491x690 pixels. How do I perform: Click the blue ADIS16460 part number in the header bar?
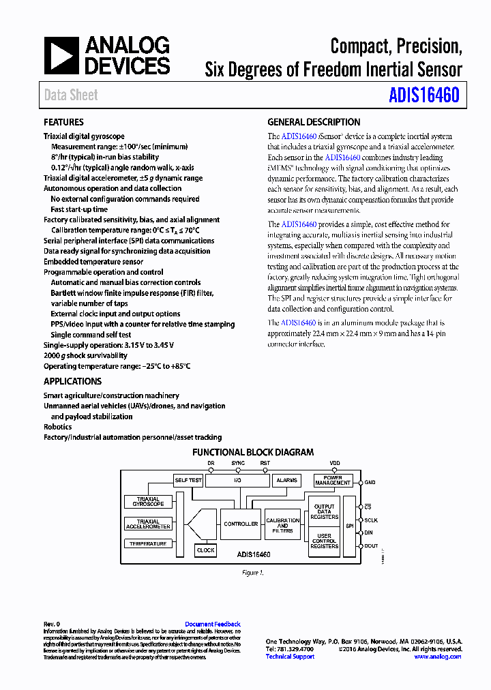point(423,95)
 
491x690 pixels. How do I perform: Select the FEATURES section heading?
point(63,122)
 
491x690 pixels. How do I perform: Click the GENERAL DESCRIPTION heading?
point(314,122)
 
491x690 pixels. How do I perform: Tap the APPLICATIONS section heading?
point(72,381)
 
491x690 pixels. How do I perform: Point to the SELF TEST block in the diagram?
point(188,480)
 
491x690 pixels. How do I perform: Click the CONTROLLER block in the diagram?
point(241,524)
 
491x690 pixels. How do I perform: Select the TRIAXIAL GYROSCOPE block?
point(148,502)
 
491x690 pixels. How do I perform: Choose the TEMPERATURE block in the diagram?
point(148,543)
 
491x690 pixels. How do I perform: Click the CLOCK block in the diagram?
point(205,550)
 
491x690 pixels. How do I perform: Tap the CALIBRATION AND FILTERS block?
point(282,526)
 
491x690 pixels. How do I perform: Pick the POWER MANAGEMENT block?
point(333,480)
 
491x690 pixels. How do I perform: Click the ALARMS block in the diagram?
point(286,480)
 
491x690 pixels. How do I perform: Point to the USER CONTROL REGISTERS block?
point(324,541)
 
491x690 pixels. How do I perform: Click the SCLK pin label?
point(370,520)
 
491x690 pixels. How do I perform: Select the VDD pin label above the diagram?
point(335,463)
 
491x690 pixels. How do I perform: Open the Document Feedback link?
point(213,624)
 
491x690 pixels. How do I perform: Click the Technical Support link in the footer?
point(290,657)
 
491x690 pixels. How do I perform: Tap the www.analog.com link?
point(437,657)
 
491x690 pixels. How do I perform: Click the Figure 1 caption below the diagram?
point(252,573)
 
